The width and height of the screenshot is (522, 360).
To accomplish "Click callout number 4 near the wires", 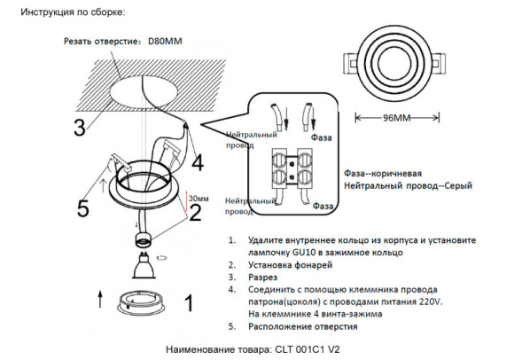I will point(197,162).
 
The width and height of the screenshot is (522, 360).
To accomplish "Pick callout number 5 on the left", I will point(83,209).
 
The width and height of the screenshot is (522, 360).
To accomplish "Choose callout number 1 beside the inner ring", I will point(188,304).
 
